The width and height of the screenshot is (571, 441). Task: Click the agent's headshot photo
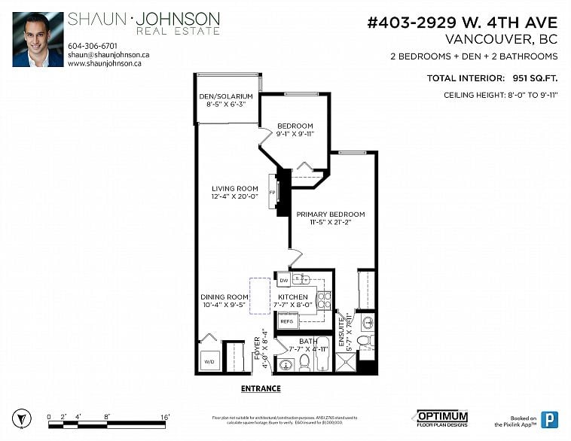pos(38,39)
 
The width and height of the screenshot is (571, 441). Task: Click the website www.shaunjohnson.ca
pos(105,64)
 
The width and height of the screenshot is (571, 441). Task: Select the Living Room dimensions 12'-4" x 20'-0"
pos(234,196)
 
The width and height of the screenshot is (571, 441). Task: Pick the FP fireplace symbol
pos(273,191)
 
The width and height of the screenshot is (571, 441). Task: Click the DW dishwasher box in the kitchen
pos(284,281)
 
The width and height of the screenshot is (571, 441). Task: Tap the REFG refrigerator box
pos(286,321)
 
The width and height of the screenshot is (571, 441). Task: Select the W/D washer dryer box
pos(209,362)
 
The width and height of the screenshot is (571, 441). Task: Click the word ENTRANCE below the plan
pos(261,389)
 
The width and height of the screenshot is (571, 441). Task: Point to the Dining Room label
pos(224,297)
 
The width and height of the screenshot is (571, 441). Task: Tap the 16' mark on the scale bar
pos(164,416)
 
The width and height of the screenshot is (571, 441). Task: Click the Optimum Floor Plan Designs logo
pos(443,417)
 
